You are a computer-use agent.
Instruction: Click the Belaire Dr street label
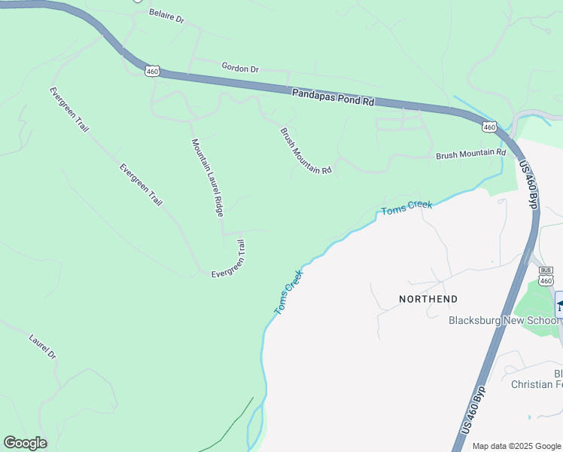[x=166, y=16]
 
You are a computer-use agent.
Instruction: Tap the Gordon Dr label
[x=240, y=68]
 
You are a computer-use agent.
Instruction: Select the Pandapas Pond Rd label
[x=333, y=98]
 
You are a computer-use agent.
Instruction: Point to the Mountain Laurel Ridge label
[x=207, y=178]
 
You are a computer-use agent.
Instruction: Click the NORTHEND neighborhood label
[x=428, y=299]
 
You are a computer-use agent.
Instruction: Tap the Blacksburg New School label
[x=504, y=319]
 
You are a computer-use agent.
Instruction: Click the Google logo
[x=25, y=443]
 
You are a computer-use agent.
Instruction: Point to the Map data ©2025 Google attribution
[x=516, y=446]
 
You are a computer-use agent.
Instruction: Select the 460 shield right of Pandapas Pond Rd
[x=489, y=127]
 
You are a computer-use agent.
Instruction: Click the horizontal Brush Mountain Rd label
[x=470, y=154]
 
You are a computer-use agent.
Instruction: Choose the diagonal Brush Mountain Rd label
[x=306, y=151]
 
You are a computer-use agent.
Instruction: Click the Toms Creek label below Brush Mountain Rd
[x=406, y=208]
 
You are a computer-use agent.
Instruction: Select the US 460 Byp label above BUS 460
[x=530, y=183]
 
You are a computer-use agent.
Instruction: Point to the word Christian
[x=537, y=385]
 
